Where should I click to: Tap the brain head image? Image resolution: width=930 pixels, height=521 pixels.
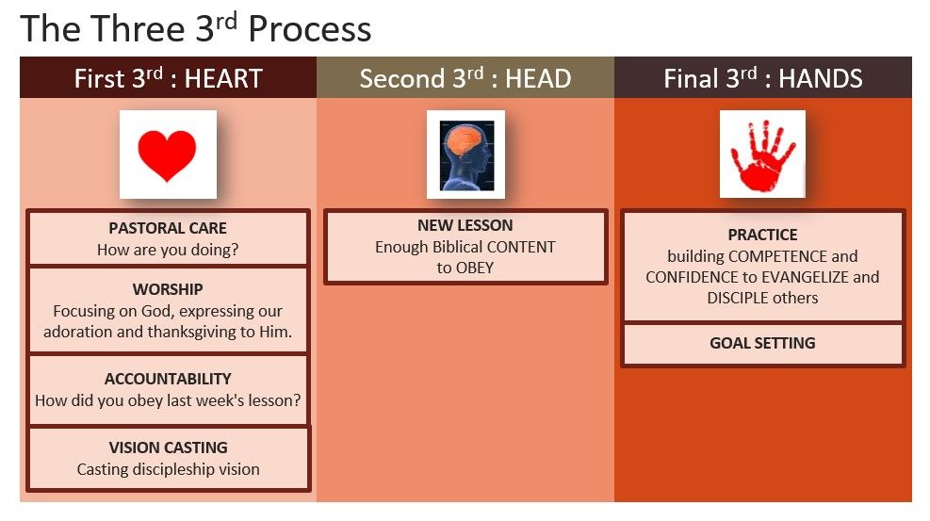point(465,155)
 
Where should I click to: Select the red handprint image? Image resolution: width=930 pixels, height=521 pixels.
point(762,155)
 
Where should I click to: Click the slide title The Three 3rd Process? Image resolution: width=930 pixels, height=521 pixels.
point(196,28)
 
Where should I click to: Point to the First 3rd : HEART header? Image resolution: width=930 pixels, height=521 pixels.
point(169,78)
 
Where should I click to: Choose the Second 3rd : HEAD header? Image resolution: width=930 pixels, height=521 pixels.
point(465,78)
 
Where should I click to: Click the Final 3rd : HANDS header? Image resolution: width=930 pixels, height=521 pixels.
point(763,78)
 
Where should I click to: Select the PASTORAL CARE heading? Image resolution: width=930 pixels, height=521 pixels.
point(168,228)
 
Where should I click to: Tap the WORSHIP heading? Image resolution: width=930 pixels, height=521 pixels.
point(168,289)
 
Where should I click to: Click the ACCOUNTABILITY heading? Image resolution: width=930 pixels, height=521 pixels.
point(168,379)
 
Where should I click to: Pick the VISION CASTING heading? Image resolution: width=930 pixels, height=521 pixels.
point(169,448)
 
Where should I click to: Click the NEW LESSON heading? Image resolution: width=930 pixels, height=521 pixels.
point(465,225)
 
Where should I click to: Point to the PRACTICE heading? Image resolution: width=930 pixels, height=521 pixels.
point(762,235)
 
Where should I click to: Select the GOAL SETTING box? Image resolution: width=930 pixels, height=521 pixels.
point(762,344)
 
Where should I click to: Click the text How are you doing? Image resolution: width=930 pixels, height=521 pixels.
point(168,250)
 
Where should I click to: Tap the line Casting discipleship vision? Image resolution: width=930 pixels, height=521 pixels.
point(169,469)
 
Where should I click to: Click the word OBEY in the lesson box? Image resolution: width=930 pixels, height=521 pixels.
point(475,268)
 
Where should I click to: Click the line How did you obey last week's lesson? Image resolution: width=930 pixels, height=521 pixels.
point(168,400)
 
